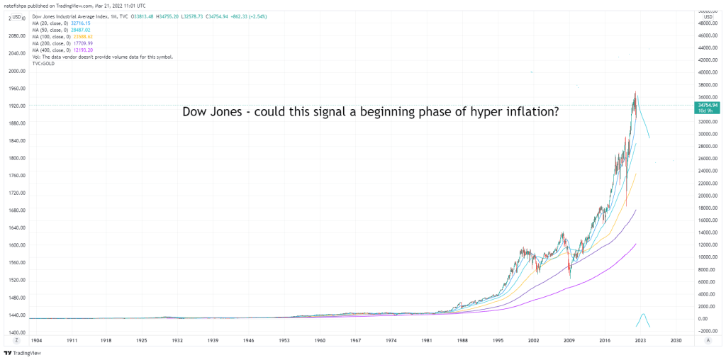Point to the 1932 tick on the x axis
click(177, 341)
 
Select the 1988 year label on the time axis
click(462, 341)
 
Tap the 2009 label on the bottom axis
click(569, 341)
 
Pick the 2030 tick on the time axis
click(676, 341)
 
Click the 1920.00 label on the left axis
click(18, 106)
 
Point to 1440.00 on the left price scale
click(18, 315)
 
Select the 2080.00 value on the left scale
click(18, 36)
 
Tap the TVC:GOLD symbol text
click(45, 64)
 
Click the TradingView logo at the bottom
click(23, 352)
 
